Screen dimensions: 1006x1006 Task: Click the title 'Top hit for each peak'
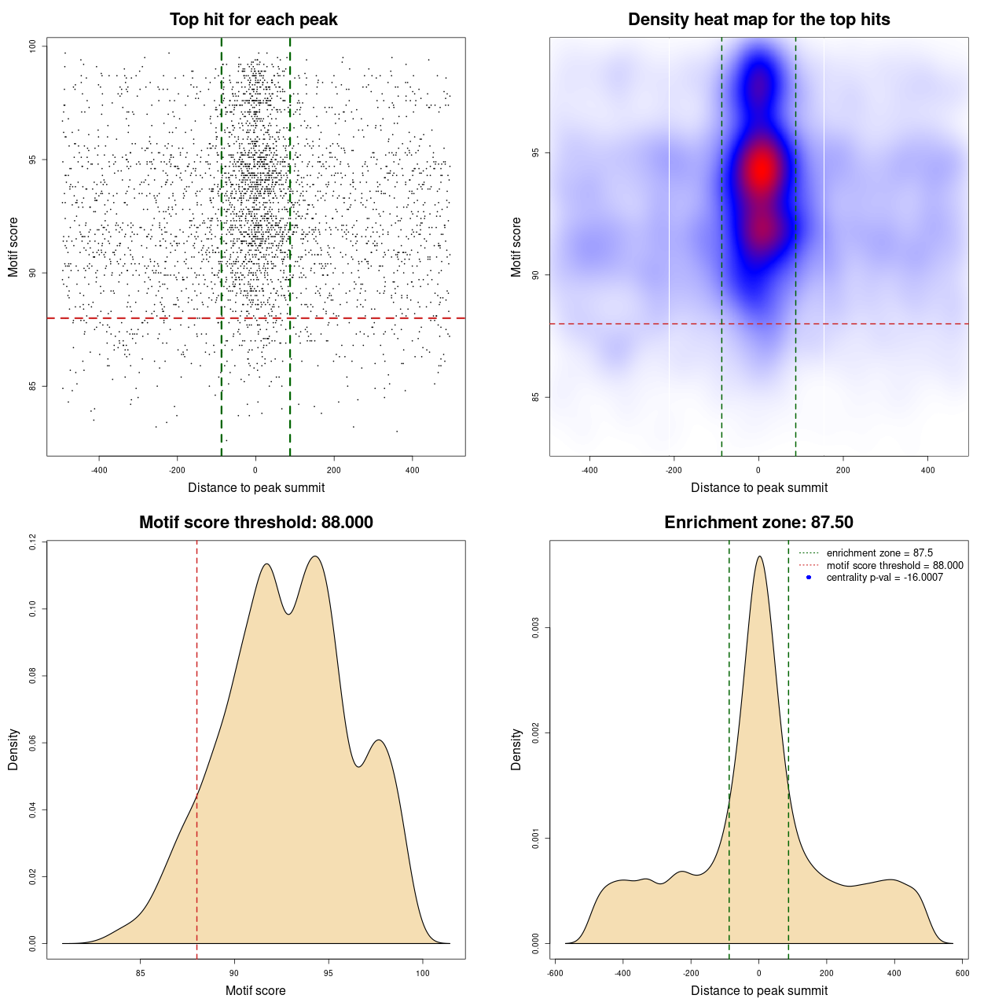point(253,20)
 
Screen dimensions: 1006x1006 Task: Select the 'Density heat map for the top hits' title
point(758,20)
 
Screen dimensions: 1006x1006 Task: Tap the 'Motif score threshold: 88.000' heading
point(255,523)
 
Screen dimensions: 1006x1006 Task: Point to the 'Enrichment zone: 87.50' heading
point(758,523)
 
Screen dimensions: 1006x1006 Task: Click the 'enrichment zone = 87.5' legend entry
point(879,553)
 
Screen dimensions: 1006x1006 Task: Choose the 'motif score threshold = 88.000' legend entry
point(894,566)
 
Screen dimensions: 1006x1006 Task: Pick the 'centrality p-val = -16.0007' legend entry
point(884,578)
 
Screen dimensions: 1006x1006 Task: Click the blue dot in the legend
point(809,578)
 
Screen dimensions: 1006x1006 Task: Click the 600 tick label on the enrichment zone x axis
point(963,973)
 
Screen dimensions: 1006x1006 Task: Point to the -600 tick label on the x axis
point(555,973)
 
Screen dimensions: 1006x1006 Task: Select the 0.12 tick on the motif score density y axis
point(32,542)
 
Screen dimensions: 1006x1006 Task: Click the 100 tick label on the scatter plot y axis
point(32,46)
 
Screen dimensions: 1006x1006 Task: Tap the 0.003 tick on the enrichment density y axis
point(535,628)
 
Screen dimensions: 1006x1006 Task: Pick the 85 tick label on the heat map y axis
point(535,397)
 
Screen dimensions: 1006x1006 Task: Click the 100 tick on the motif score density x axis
point(423,973)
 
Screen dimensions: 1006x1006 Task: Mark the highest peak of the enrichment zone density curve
point(759,556)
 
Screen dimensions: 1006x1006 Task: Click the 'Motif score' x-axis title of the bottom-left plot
point(255,990)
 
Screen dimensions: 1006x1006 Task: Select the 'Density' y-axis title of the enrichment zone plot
point(516,749)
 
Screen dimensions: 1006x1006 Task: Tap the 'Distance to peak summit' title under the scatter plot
point(256,487)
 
